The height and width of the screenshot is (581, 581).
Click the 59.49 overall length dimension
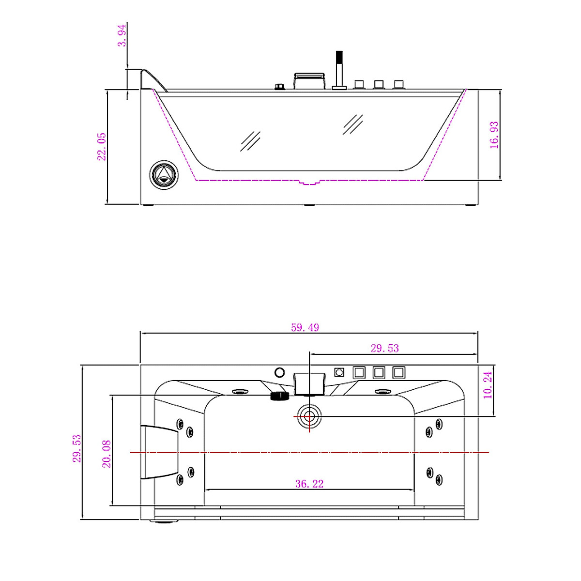coord(305,328)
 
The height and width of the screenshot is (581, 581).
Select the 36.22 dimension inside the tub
coord(309,484)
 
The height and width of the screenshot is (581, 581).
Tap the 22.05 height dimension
coord(102,147)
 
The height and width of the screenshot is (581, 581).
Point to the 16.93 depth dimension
coord(494,135)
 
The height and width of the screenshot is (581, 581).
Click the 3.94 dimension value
coord(122,35)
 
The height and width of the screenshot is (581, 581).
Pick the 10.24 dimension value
coord(488,385)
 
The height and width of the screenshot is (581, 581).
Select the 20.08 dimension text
coord(107,454)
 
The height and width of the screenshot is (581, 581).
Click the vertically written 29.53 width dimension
coord(77,448)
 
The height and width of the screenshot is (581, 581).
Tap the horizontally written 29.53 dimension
coord(384,348)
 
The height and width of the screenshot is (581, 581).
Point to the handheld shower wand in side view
coord(339,70)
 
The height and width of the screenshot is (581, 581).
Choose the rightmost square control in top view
coord(398,372)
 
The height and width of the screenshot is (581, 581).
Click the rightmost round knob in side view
coord(398,85)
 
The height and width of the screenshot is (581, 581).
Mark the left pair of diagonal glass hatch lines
coord(250,141)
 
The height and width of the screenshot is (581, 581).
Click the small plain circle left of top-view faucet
coord(279,372)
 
